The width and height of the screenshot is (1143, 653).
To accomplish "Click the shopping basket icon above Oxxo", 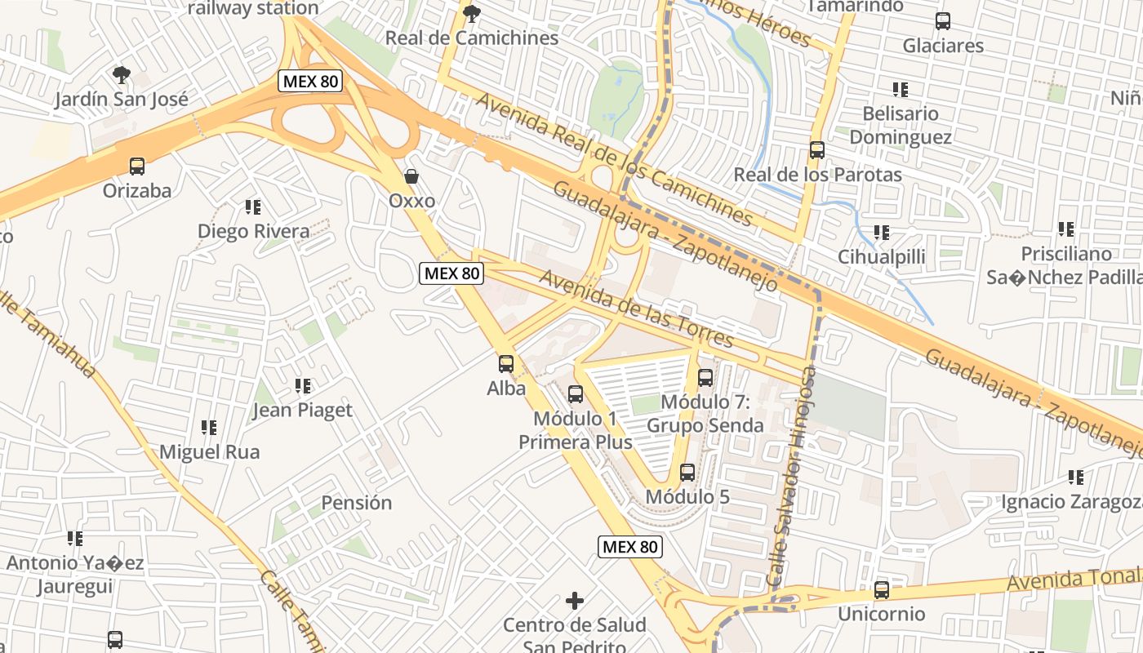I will [412, 176].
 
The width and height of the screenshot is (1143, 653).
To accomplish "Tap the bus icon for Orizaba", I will [137, 167].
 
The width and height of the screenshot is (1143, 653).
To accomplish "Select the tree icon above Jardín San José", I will [122, 75].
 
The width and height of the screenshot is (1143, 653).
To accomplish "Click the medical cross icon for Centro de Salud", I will [575, 601].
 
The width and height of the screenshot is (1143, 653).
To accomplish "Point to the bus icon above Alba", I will [506, 364].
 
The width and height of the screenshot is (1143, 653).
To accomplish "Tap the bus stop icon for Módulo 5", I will [687, 473].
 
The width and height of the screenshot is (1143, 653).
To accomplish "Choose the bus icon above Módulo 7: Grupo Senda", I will [705, 378].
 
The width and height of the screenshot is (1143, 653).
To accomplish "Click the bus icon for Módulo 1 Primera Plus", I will [576, 394].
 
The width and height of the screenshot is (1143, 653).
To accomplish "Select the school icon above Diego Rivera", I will [253, 207].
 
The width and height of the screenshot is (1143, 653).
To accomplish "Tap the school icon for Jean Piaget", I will [303, 385].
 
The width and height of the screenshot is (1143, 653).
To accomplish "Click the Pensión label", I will [356, 503].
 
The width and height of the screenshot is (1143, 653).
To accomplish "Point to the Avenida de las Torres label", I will [636, 309].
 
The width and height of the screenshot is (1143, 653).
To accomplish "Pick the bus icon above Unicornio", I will [882, 589].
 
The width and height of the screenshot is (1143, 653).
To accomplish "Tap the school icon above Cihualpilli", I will [882, 233].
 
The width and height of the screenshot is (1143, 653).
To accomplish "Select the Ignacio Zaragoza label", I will [1071, 501].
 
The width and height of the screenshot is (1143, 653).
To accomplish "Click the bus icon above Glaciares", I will [943, 21].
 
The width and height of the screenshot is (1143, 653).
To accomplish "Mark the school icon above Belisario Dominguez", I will [901, 89].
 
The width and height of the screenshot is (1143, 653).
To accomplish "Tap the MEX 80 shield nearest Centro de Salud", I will [629, 547].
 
